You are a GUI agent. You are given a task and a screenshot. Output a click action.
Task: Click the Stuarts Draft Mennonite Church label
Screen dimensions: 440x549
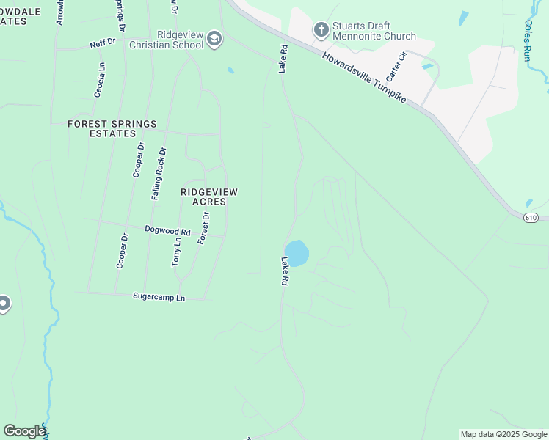374,31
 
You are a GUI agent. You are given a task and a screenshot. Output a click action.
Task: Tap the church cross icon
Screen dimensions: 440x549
321,30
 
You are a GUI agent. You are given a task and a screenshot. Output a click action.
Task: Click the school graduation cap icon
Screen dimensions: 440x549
214,39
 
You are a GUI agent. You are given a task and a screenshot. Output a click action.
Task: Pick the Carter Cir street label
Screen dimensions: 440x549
396,66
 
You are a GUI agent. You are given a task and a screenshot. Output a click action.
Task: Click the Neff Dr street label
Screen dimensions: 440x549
103,43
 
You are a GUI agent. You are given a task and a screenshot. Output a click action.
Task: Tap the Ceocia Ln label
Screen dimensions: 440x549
101,76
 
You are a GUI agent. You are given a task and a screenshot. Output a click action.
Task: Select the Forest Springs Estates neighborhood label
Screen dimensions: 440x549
112,129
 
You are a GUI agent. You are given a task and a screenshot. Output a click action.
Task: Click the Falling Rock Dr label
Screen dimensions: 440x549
159,174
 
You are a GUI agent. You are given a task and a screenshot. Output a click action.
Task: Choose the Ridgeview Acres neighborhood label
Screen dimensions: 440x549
209,197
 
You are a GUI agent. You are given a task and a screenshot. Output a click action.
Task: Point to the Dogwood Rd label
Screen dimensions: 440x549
167,231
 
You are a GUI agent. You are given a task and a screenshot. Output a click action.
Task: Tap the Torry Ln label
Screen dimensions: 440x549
176,252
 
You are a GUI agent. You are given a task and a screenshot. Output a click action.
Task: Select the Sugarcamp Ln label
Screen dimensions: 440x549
159,296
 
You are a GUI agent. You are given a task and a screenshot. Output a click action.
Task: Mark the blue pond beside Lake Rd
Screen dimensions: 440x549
297,253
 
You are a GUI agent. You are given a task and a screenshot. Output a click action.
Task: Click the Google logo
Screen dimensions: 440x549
24,431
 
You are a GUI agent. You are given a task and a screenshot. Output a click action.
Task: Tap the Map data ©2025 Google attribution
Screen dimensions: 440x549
503,434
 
